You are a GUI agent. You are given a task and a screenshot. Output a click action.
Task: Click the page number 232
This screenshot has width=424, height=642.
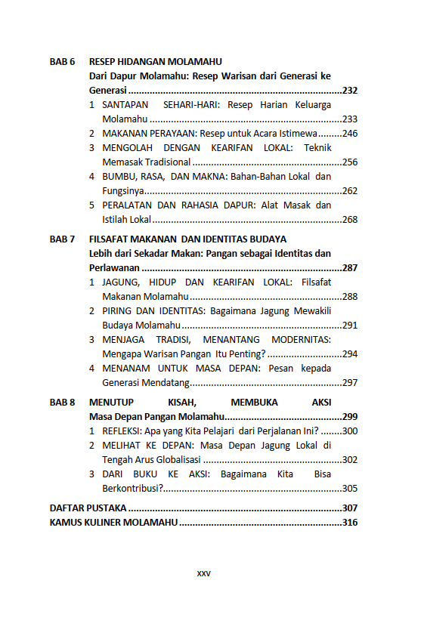(349, 91)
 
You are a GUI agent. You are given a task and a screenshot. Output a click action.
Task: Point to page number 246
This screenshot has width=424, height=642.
(349, 133)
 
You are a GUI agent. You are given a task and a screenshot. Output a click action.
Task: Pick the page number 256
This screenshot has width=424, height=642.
(349, 162)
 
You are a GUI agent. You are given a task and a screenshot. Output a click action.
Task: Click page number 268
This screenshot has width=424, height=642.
(349, 220)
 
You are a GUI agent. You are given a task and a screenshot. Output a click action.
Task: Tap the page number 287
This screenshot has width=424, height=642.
(349, 268)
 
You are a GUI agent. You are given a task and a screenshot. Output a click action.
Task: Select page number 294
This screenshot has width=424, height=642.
(349, 353)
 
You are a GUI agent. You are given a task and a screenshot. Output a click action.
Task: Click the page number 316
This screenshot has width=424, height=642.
(349, 523)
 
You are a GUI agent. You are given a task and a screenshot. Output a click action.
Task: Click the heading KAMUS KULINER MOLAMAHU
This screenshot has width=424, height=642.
(113, 523)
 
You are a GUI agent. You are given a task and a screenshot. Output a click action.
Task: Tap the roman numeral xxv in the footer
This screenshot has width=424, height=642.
(203, 573)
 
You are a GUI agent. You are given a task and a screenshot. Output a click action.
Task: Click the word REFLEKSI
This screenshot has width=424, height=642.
(122, 431)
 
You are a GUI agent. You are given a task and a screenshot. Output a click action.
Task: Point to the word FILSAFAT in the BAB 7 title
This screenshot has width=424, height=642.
(110, 239)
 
